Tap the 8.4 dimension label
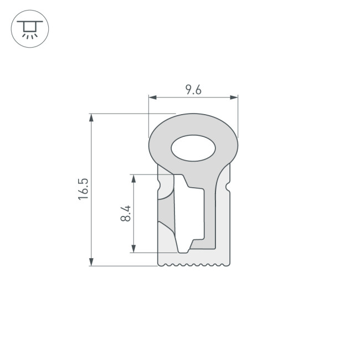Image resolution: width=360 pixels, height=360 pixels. click(126, 213)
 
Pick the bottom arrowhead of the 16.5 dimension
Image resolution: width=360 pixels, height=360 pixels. click(91, 262)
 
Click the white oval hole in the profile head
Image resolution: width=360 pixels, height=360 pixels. click(193, 148)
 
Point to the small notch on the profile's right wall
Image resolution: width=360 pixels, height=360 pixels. click(228, 188)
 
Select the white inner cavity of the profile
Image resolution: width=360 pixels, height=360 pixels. click(194, 216)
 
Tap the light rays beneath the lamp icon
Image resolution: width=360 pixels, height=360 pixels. click(30, 35)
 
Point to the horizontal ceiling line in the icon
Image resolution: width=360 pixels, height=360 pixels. click(30, 20)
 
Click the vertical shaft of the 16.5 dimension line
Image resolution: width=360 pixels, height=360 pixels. click(91, 222)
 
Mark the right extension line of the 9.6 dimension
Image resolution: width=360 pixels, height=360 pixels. click(238, 116)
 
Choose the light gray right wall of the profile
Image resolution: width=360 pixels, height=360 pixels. click(222, 222)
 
